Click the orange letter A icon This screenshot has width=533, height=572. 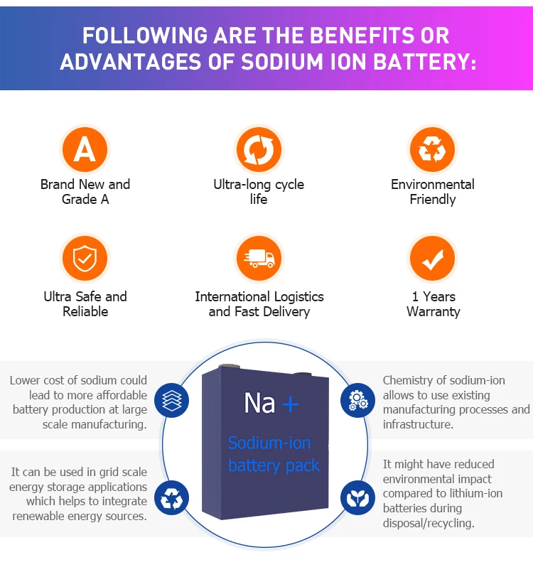pyautogui.click(x=85, y=150)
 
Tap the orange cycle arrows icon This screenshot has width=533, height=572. pyautogui.click(x=259, y=150)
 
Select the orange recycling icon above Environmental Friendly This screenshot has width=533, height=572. pyautogui.click(x=432, y=150)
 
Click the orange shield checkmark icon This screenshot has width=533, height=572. pyautogui.click(x=85, y=259)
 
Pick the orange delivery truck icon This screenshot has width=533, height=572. pyautogui.click(x=259, y=259)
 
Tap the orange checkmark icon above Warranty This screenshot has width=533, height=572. pyautogui.click(x=432, y=259)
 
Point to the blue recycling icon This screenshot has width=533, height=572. pyautogui.click(x=172, y=497)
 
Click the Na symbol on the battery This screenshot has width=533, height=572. pyautogui.click(x=259, y=404)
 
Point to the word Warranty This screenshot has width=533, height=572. pyautogui.click(x=433, y=312)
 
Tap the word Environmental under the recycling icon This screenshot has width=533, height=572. pyautogui.click(x=432, y=184)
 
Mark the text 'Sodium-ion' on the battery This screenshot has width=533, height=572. pyautogui.click(x=269, y=443)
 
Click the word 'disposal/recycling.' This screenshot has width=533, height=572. pyautogui.click(x=429, y=523)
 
